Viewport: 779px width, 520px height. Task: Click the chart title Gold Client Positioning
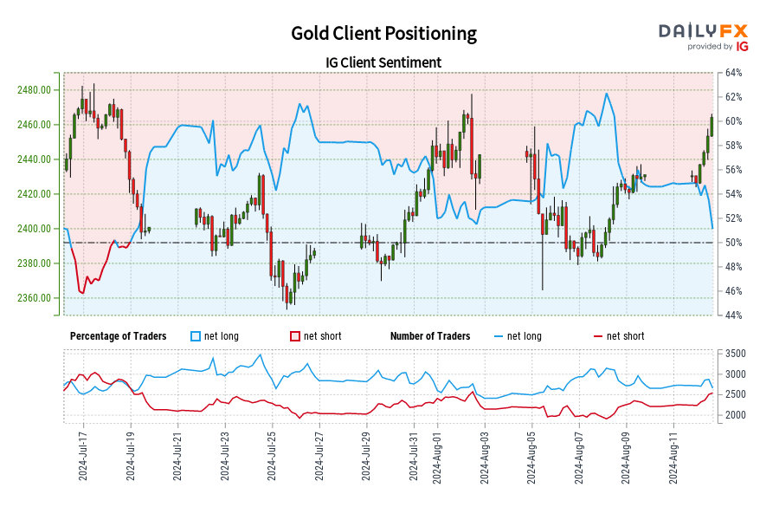tap(383, 33)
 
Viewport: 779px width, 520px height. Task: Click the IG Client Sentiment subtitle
tap(383, 62)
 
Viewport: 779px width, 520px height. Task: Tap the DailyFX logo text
tap(704, 31)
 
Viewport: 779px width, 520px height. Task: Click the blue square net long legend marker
tap(196, 336)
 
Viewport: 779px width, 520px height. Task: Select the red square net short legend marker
tap(295, 336)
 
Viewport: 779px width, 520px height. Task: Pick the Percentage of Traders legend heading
tap(119, 336)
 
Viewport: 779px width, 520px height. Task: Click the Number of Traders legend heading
tap(430, 336)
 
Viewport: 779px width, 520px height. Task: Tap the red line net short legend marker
tap(596, 336)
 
